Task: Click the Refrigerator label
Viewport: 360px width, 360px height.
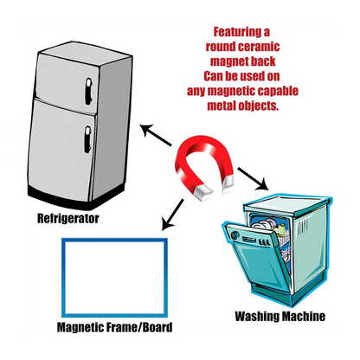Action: tap(68, 218)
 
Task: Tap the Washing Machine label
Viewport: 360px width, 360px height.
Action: tap(280, 316)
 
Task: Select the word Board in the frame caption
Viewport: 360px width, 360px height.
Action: tap(157, 327)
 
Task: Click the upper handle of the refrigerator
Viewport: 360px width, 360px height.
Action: tap(88, 92)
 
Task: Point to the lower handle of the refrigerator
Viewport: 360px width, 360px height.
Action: tap(87, 139)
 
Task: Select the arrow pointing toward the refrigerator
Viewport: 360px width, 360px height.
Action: tap(156, 135)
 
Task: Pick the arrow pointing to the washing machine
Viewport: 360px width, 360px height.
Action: tap(253, 179)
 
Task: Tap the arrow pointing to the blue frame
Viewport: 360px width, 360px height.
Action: tap(172, 215)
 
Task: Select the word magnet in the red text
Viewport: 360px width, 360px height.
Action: tap(228, 61)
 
